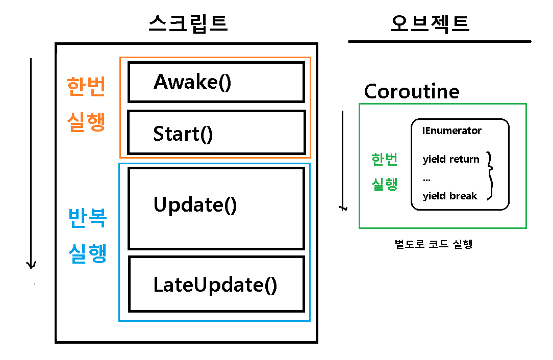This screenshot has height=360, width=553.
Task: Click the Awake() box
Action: click(x=216, y=82)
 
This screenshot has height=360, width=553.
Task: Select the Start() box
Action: click(x=216, y=133)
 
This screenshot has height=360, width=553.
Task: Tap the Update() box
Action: click(x=216, y=208)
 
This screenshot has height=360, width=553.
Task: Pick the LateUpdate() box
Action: click(x=216, y=284)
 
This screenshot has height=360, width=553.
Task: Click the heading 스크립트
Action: click(x=188, y=23)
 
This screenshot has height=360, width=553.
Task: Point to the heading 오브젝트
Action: click(x=430, y=23)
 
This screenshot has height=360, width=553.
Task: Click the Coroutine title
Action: click(x=411, y=92)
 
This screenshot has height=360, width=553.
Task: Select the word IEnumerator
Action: click(x=451, y=131)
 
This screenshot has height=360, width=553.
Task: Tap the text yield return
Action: click(x=451, y=160)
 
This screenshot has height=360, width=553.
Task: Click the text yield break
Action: click(x=449, y=196)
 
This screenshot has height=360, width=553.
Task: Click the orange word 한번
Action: click(x=86, y=87)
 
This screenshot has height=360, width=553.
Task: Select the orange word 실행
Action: click(x=86, y=122)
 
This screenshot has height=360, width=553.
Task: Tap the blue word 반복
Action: click(x=87, y=218)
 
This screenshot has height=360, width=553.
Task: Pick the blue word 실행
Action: click(x=87, y=253)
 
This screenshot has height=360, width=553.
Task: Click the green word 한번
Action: click(x=385, y=160)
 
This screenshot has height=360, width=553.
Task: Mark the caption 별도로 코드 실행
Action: click(x=434, y=244)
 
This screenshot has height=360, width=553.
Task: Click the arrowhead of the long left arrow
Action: click(x=32, y=264)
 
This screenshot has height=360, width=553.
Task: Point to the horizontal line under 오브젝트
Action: click(x=439, y=41)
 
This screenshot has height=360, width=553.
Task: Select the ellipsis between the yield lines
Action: click(x=426, y=178)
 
